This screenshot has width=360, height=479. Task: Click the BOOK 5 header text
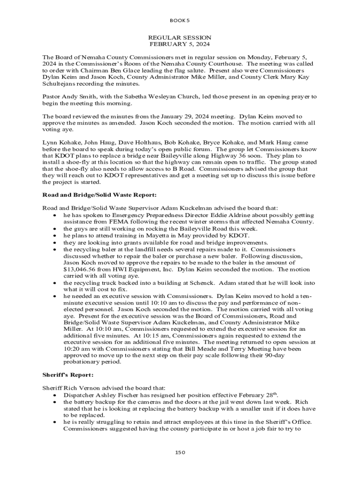coord(180,21)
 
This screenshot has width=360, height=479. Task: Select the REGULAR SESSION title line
coord(180,37)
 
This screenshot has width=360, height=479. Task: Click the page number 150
coord(180,452)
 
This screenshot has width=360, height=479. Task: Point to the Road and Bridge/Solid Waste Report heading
coord(99,195)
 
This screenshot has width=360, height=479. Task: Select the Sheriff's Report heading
coord(68,375)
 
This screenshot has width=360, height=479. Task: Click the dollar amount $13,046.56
coord(80,269)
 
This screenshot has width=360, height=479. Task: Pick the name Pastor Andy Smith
coord(64,97)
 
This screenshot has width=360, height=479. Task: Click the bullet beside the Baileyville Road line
coord(55,229)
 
